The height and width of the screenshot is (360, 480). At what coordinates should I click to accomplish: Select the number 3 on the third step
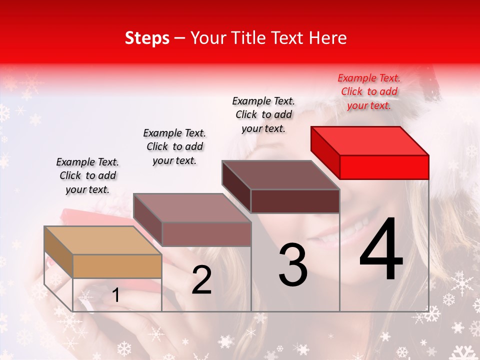tap(293, 265)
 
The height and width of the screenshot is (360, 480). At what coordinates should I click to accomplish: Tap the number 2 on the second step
tap(202, 280)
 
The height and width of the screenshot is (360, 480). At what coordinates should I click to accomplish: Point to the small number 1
tap(116, 295)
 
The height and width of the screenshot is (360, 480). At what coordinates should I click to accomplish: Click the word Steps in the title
tap(147, 38)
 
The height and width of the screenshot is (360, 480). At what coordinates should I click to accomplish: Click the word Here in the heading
tap(328, 38)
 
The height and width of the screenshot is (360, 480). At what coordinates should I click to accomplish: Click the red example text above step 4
tap(369, 91)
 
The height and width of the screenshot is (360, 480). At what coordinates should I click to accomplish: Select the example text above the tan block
tap(87, 175)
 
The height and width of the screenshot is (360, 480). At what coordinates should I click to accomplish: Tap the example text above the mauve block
tap(174, 146)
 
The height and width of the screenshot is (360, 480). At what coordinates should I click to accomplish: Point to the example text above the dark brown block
tap(263, 114)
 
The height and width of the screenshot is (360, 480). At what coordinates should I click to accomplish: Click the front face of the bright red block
tap(384, 167)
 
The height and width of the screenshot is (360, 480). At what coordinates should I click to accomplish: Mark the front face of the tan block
tap(117, 266)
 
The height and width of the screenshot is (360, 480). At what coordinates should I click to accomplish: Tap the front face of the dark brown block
tap(295, 201)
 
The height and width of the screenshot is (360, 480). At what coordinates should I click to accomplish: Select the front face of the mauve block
tap(206, 234)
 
